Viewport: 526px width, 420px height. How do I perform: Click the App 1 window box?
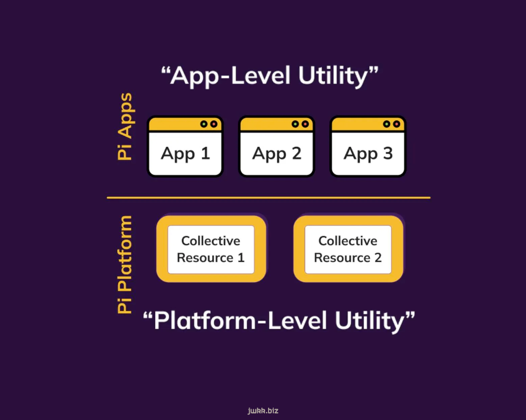[x=185, y=146]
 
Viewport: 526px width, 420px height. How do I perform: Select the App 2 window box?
[x=276, y=146]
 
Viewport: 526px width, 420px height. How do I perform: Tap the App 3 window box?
[x=368, y=146]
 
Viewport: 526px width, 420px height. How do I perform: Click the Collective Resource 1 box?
[x=211, y=249]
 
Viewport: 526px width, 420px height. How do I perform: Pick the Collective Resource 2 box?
[x=348, y=249]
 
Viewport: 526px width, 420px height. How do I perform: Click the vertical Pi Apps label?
[x=125, y=127]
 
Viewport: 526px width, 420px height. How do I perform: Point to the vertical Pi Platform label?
[x=124, y=264]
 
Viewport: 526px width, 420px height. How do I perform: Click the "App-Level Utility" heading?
[x=270, y=76]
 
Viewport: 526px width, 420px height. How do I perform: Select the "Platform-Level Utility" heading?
[x=279, y=321]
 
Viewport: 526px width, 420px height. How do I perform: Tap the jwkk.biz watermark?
[x=263, y=411]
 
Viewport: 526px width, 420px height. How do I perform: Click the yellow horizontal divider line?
[x=268, y=198]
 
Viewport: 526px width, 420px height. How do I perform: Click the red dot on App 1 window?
[x=214, y=124]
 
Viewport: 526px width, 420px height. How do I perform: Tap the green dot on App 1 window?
[x=203, y=124]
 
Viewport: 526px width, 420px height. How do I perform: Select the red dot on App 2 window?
[x=305, y=124]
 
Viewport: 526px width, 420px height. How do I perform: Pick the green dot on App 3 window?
[x=386, y=124]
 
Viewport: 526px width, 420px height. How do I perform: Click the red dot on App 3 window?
[x=397, y=124]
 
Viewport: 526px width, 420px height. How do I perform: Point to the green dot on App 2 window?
[x=295, y=124]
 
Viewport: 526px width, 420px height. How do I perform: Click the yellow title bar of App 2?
[x=276, y=124]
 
